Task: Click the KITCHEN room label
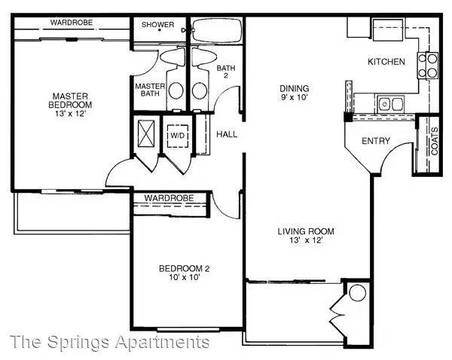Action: [386, 62]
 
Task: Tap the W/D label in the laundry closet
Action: [177, 135]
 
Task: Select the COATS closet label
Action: [435, 141]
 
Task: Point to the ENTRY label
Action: [376, 141]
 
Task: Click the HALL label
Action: [227, 134]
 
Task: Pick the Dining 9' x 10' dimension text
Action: [295, 97]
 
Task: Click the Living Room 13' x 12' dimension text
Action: [306, 240]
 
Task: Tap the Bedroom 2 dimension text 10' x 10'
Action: [185, 277]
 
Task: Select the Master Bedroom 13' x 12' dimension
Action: [70, 113]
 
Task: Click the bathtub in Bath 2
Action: [217, 31]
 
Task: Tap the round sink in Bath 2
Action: [200, 91]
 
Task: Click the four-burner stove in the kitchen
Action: [427, 66]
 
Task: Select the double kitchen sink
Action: [391, 104]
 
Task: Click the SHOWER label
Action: [157, 25]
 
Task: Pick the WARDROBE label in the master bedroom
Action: [72, 23]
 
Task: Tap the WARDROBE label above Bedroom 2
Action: [169, 198]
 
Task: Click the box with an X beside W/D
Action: [146, 133]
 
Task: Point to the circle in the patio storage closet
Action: [357, 293]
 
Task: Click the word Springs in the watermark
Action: [78, 342]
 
